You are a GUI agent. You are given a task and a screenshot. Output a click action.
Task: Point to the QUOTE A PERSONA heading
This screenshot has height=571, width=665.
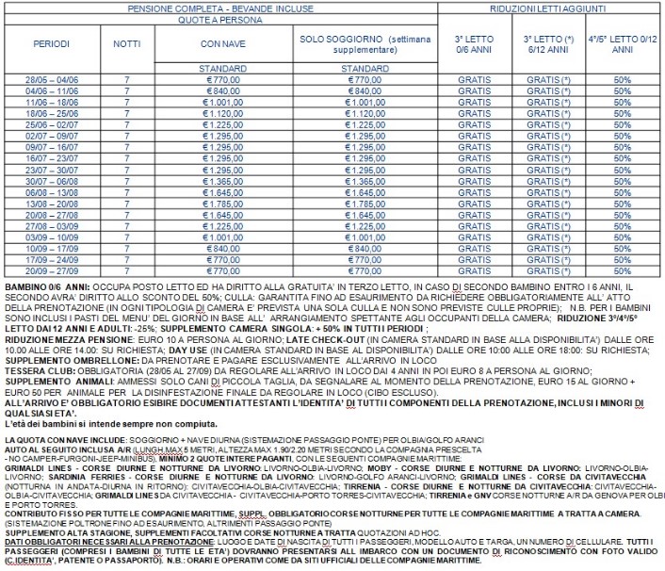pos(219,18)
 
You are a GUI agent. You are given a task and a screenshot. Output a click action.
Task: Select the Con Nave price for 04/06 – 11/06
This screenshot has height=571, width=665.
pos(219,92)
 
